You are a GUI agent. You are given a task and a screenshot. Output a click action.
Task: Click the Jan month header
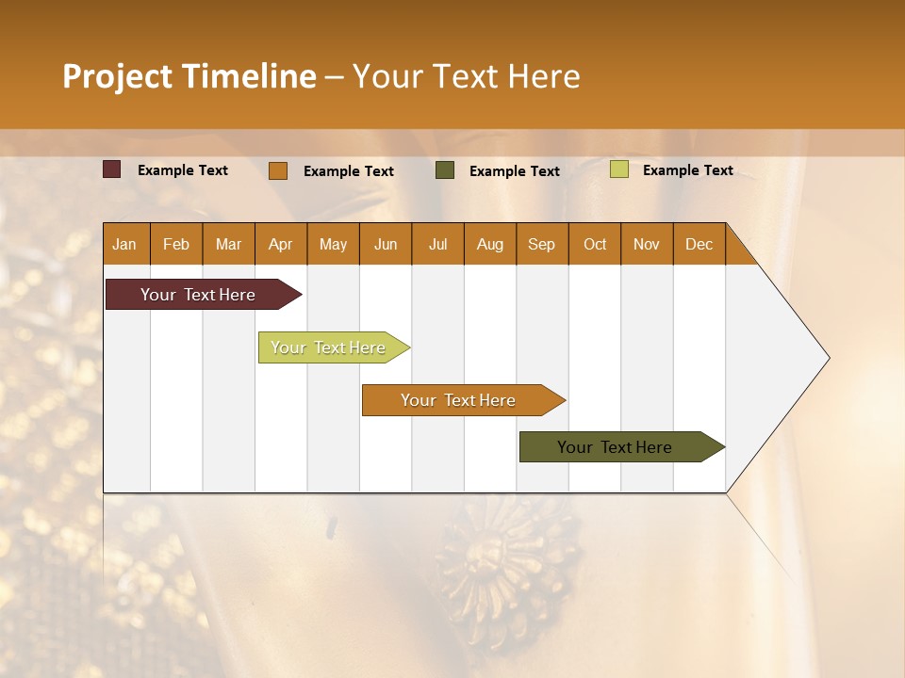(x=125, y=244)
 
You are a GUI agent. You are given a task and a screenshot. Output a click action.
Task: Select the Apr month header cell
(x=281, y=244)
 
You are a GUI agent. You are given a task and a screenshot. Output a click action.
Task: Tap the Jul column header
(x=437, y=244)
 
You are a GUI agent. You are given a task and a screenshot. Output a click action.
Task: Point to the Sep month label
(x=541, y=244)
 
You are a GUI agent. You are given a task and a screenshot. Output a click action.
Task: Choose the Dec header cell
(x=699, y=244)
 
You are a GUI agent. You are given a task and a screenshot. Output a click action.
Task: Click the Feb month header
(x=176, y=244)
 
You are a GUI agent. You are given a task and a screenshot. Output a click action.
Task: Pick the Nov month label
(x=647, y=244)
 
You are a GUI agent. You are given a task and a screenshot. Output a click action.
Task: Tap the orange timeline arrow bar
(x=459, y=400)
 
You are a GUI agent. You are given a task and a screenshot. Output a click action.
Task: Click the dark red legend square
(x=112, y=169)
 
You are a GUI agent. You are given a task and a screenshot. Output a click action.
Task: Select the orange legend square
(x=278, y=170)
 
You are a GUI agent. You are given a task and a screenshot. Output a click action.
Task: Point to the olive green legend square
(x=445, y=170)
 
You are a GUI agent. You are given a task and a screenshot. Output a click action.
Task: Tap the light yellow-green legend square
(x=618, y=169)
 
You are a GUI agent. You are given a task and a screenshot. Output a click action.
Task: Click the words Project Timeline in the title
(x=189, y=76)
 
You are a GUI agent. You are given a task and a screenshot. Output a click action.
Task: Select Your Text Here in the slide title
(x=466, y=76)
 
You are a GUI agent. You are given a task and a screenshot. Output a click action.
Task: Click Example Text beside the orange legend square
(x=349, y=171)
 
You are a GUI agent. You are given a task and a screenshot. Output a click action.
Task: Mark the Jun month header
(x=386, y=244)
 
